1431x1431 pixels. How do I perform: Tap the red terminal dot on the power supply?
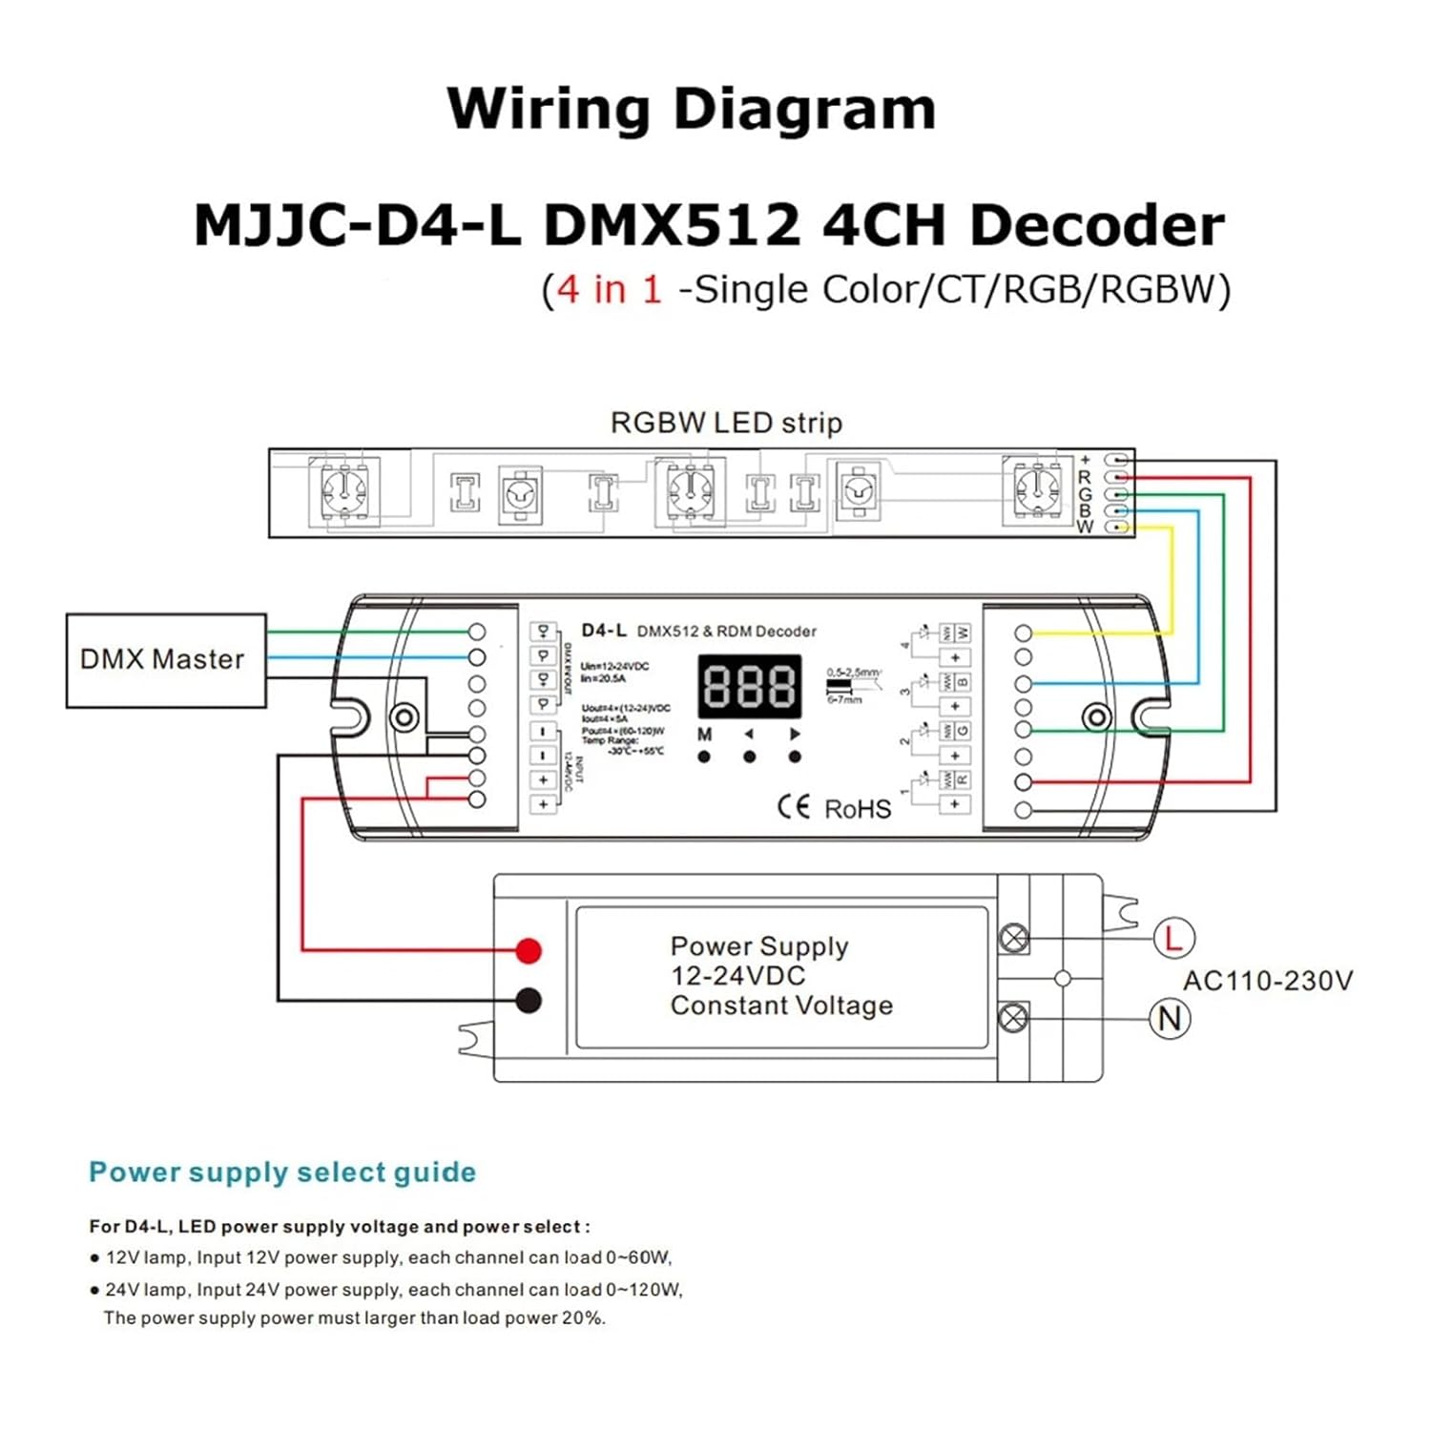click(x=529, y=950)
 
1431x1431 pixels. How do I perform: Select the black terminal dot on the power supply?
click(x=529, y=1001)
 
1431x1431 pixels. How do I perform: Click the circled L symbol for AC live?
click(x=1172, y=938)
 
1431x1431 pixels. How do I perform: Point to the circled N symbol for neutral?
click(x=1170, y=1019)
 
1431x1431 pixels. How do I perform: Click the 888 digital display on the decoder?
click(x=750, y=686)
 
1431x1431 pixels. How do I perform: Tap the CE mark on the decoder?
click(x=794, y=807)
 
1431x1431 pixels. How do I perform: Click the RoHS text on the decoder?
click(x=858, y=809)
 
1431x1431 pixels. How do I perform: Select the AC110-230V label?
click(x=1267, y=981)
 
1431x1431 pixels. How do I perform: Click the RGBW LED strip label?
click(x=726, y=423)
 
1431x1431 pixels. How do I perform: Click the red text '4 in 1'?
click(x=610, y=289)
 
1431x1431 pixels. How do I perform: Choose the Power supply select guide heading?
click(x=282, y=1172)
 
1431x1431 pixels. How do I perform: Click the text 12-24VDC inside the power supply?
click(x=737, y=976)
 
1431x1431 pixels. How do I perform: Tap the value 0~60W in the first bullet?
click(x=638, y=1257)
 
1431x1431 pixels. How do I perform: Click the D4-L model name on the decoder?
click(x=604, y=631)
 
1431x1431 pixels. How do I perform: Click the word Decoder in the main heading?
click(x=1096, y=226)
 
